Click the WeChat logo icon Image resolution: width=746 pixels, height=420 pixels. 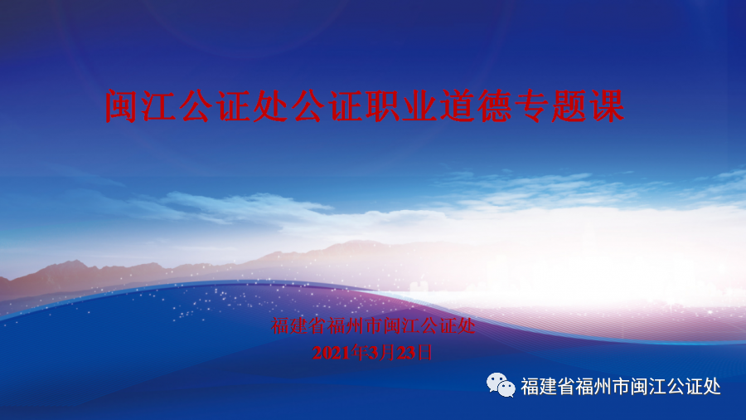pos(501,385)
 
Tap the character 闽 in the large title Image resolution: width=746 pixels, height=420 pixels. pos(122,105)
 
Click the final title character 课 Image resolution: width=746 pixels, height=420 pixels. pos(606,105)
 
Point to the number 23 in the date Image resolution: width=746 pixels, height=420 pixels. pos(406,353)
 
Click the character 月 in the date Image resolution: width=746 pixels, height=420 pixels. pos(388,353)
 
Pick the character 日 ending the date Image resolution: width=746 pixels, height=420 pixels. pos(424,353)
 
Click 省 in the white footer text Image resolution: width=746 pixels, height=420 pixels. pos(565,386)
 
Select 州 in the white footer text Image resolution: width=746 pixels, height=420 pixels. pos(603,386)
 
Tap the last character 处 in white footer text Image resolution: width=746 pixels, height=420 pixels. pos(712,386)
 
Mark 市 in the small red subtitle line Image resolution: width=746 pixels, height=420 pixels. pos(374,325)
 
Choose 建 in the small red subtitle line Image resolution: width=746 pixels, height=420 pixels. pos(298,325)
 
